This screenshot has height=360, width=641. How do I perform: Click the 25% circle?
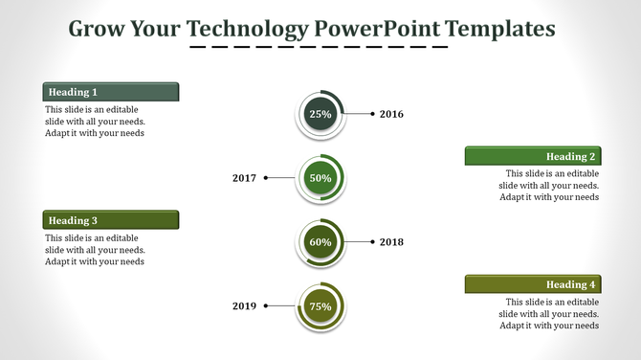coord(320,114)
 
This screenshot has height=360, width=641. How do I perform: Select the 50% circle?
coord(320,178)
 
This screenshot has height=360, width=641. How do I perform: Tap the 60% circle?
coord(320,242)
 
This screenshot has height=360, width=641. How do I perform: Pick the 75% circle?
coord(320,306)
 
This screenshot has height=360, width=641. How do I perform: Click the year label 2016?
coord(391,114)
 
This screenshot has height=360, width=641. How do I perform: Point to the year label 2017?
coord(245,178)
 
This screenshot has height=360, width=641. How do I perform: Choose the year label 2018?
coord(391,242)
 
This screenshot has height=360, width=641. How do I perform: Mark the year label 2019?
coord(245,306)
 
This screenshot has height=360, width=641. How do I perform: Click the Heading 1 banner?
coord(111,92)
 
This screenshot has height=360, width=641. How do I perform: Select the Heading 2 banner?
coord(533,156)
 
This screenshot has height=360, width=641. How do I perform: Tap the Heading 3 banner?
coord(111,220)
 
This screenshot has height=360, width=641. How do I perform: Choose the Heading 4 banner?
coord(533,284)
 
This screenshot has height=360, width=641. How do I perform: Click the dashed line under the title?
coord(319,47)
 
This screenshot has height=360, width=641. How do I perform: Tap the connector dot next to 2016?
coord(371,114)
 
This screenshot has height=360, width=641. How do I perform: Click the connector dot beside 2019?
coord(266,306)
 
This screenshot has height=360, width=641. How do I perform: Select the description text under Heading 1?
coord(95,122)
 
